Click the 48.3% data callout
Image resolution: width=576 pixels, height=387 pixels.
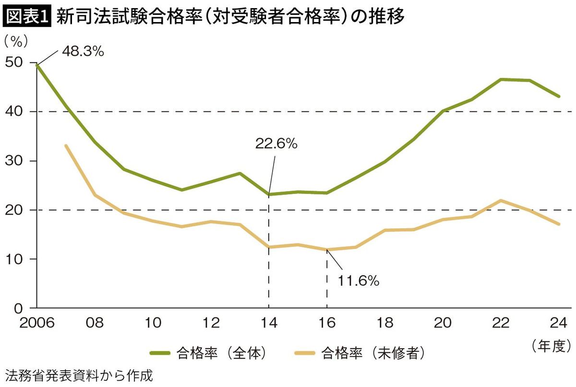click(x=83, y=52)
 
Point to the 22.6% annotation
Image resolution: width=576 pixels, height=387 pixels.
click(x=276, y=144)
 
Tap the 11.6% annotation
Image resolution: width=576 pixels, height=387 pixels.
click(x=359, y=280)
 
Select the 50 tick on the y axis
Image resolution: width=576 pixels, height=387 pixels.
click(x=14, y=62)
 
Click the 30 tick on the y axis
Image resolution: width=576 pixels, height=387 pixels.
click(x=14, y=161)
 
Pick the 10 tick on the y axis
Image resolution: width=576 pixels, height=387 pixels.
click(x=14, y=259)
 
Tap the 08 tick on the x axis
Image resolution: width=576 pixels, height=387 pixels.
click(x=95, y=323)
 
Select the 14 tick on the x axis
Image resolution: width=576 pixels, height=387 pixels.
click(x=269, y=323)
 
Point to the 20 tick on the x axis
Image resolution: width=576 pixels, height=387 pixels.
click(x=443, y=323)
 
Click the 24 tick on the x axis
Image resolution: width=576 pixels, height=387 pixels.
click(x=559, y=323)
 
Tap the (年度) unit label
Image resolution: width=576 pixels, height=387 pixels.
click(x=551, y=345)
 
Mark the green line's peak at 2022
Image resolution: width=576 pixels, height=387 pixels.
click(x=501, y=79)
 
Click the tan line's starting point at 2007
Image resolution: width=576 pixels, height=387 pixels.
click(x=66, y=145)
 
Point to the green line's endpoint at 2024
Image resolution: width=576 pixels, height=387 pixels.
click(x=559, y=97)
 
